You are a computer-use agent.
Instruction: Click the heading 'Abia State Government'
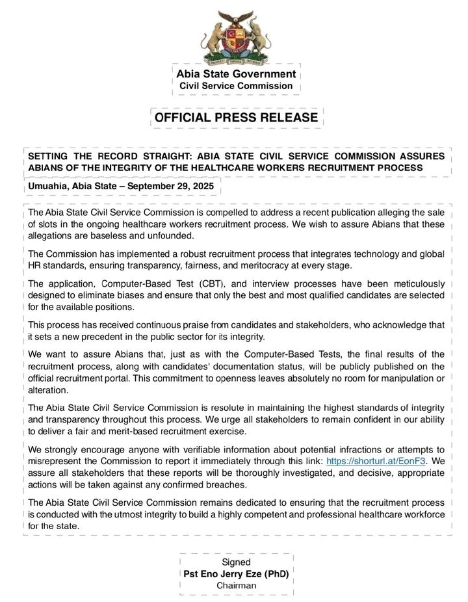[236, 74]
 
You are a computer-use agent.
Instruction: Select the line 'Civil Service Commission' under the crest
[236, 86]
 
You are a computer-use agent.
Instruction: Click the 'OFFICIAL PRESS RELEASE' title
[236, 118]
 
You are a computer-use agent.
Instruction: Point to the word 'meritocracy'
[267, 265]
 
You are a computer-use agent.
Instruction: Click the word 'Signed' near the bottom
[236, 562]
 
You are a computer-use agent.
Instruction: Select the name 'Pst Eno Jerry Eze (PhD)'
[236, 574]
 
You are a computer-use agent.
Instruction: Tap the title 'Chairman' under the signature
[236, 586]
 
